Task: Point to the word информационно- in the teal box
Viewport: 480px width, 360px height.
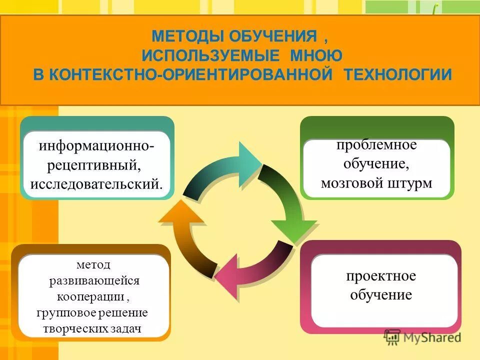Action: (x=96, y=147)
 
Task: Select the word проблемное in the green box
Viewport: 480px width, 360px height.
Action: (x=376, y=145)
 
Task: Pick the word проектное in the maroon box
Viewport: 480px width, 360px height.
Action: (x=381, y=276)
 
